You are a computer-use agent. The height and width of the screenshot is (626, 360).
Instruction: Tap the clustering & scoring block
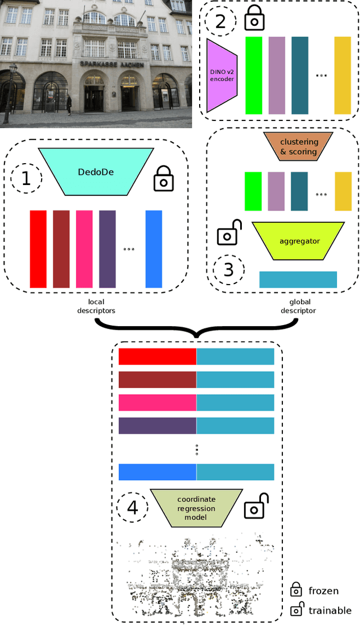(298, 147)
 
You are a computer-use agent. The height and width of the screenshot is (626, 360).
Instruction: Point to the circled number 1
(26, 178)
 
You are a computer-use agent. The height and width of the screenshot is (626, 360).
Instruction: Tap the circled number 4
(132, 508)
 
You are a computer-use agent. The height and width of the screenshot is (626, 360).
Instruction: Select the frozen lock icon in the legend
(295, 589)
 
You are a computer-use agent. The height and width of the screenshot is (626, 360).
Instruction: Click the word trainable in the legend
(330, 610)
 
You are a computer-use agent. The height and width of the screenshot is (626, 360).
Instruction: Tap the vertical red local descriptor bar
(38, 249)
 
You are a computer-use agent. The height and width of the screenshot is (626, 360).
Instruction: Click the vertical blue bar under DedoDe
(154, 249)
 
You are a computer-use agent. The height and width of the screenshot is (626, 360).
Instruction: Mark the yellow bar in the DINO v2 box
(342, 75)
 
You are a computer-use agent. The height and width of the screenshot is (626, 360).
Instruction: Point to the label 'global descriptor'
(298, 306)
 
